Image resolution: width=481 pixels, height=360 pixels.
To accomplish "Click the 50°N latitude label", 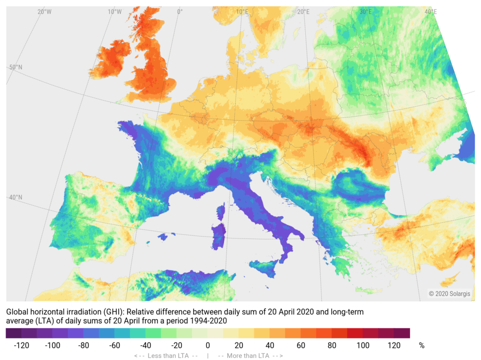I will [x=16, y=68].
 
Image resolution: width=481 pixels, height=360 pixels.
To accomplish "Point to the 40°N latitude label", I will [x=16, y=197].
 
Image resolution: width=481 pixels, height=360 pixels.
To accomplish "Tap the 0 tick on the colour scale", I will [x=208, y=346].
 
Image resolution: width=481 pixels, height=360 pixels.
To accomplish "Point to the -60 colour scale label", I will [x=115, y=346].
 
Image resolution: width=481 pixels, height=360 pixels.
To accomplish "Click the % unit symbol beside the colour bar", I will [x=421, y=346].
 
